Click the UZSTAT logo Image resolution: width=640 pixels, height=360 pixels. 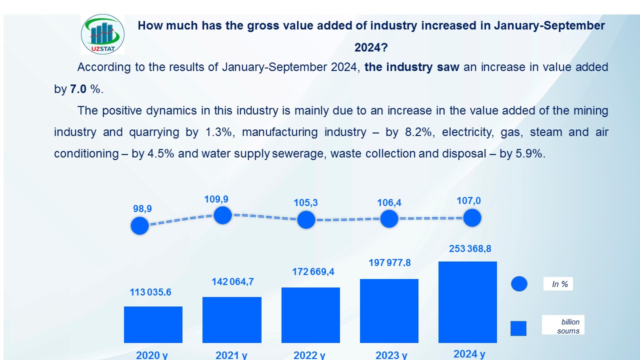pyautogui.click(x=102, y=34)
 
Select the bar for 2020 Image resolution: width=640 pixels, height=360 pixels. pyautogui.click(x=153, y=324)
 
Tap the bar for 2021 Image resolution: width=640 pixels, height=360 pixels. pyautogui.click(x=231, y=320)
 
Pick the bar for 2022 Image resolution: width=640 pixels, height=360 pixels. pyautogui.click(x=310, y=315)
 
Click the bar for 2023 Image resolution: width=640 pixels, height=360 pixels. pyautogui.click(x=389, y=311)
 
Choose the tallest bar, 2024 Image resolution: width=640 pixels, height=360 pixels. pyautogui.click(x=467, y=302)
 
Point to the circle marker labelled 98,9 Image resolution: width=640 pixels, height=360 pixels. pyautogui.click(x=140, y=226)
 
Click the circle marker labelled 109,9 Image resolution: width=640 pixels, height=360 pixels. pyautogui.click(x=222, y=215)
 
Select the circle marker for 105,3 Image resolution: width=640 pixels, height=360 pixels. pyautogui.click(x=306, y=219)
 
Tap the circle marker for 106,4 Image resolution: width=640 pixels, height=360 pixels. pyautogui.click(x=389, y=218)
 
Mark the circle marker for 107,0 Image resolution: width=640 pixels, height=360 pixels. pyautogui.click(x=472, y=218)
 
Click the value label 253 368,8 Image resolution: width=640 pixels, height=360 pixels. pyautogui.click(x=467, y=248)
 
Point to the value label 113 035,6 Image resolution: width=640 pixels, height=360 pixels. pyautogui.click(x=150, y=292)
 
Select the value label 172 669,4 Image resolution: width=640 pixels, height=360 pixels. pyautogui.click(x=313, y=272)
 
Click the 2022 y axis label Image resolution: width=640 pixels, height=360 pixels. pyautogui.click(x=309, y=355)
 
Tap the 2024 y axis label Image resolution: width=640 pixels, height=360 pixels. pyautogui.click(x=469, y=354)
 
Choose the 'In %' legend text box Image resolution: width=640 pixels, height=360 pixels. pyautogui.click(x=558, y=284)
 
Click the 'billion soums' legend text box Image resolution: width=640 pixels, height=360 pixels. pyautogui.click(x=563, y=326)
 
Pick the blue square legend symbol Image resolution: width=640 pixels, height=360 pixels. pyautogui.click(x=518, y=328)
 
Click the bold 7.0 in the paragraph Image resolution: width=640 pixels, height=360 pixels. pyautogui.click(x=78, y=89)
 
